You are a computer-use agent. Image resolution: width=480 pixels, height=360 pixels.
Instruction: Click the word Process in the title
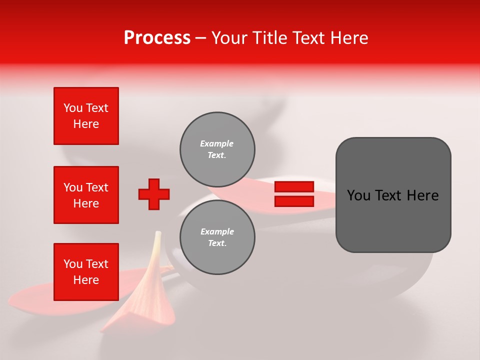(157, 38)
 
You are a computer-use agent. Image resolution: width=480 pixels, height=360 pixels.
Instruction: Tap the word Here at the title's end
(348, 38)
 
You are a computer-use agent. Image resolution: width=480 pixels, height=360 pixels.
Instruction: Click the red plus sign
(154, 194)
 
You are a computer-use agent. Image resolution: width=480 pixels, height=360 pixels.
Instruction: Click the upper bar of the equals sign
(294, 187)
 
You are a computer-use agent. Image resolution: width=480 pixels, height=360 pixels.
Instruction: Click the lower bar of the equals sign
(294, 201)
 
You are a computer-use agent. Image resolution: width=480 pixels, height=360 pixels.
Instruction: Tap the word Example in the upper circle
(216, 143)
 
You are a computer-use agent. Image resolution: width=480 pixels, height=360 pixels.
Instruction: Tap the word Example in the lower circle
(217, 231)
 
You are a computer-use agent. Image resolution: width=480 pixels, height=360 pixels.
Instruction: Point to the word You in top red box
(73, 108)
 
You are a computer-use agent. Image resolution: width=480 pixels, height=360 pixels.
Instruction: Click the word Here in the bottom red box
(86, 280)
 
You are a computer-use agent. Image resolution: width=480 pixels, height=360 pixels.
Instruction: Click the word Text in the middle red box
(97, 187)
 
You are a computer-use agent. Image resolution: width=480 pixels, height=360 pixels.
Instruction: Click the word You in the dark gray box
(358, 195)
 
